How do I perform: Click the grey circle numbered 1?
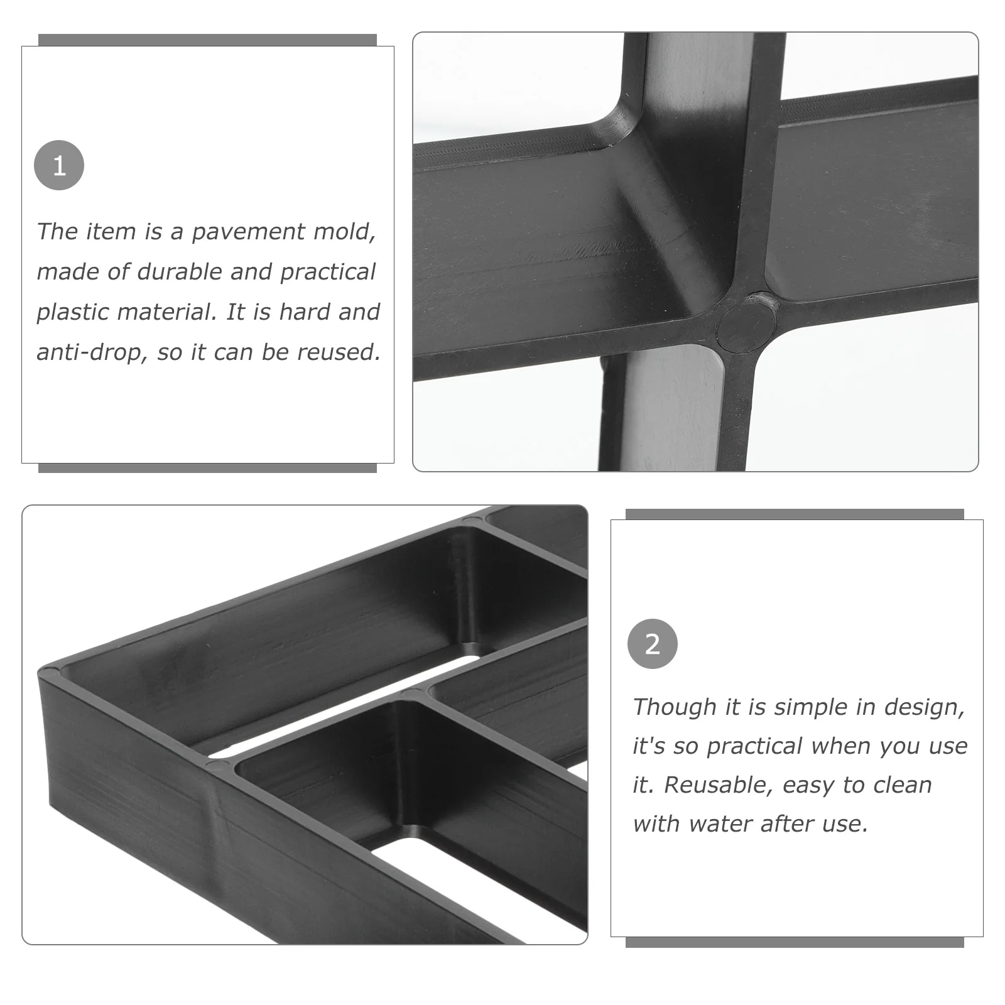coord(58,165)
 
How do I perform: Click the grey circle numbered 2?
coord(652,644)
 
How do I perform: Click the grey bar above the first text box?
coord(207,40)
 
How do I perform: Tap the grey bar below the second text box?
coord(795,942)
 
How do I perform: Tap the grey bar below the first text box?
coord(207,468)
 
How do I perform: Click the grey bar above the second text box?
coord(795,514)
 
